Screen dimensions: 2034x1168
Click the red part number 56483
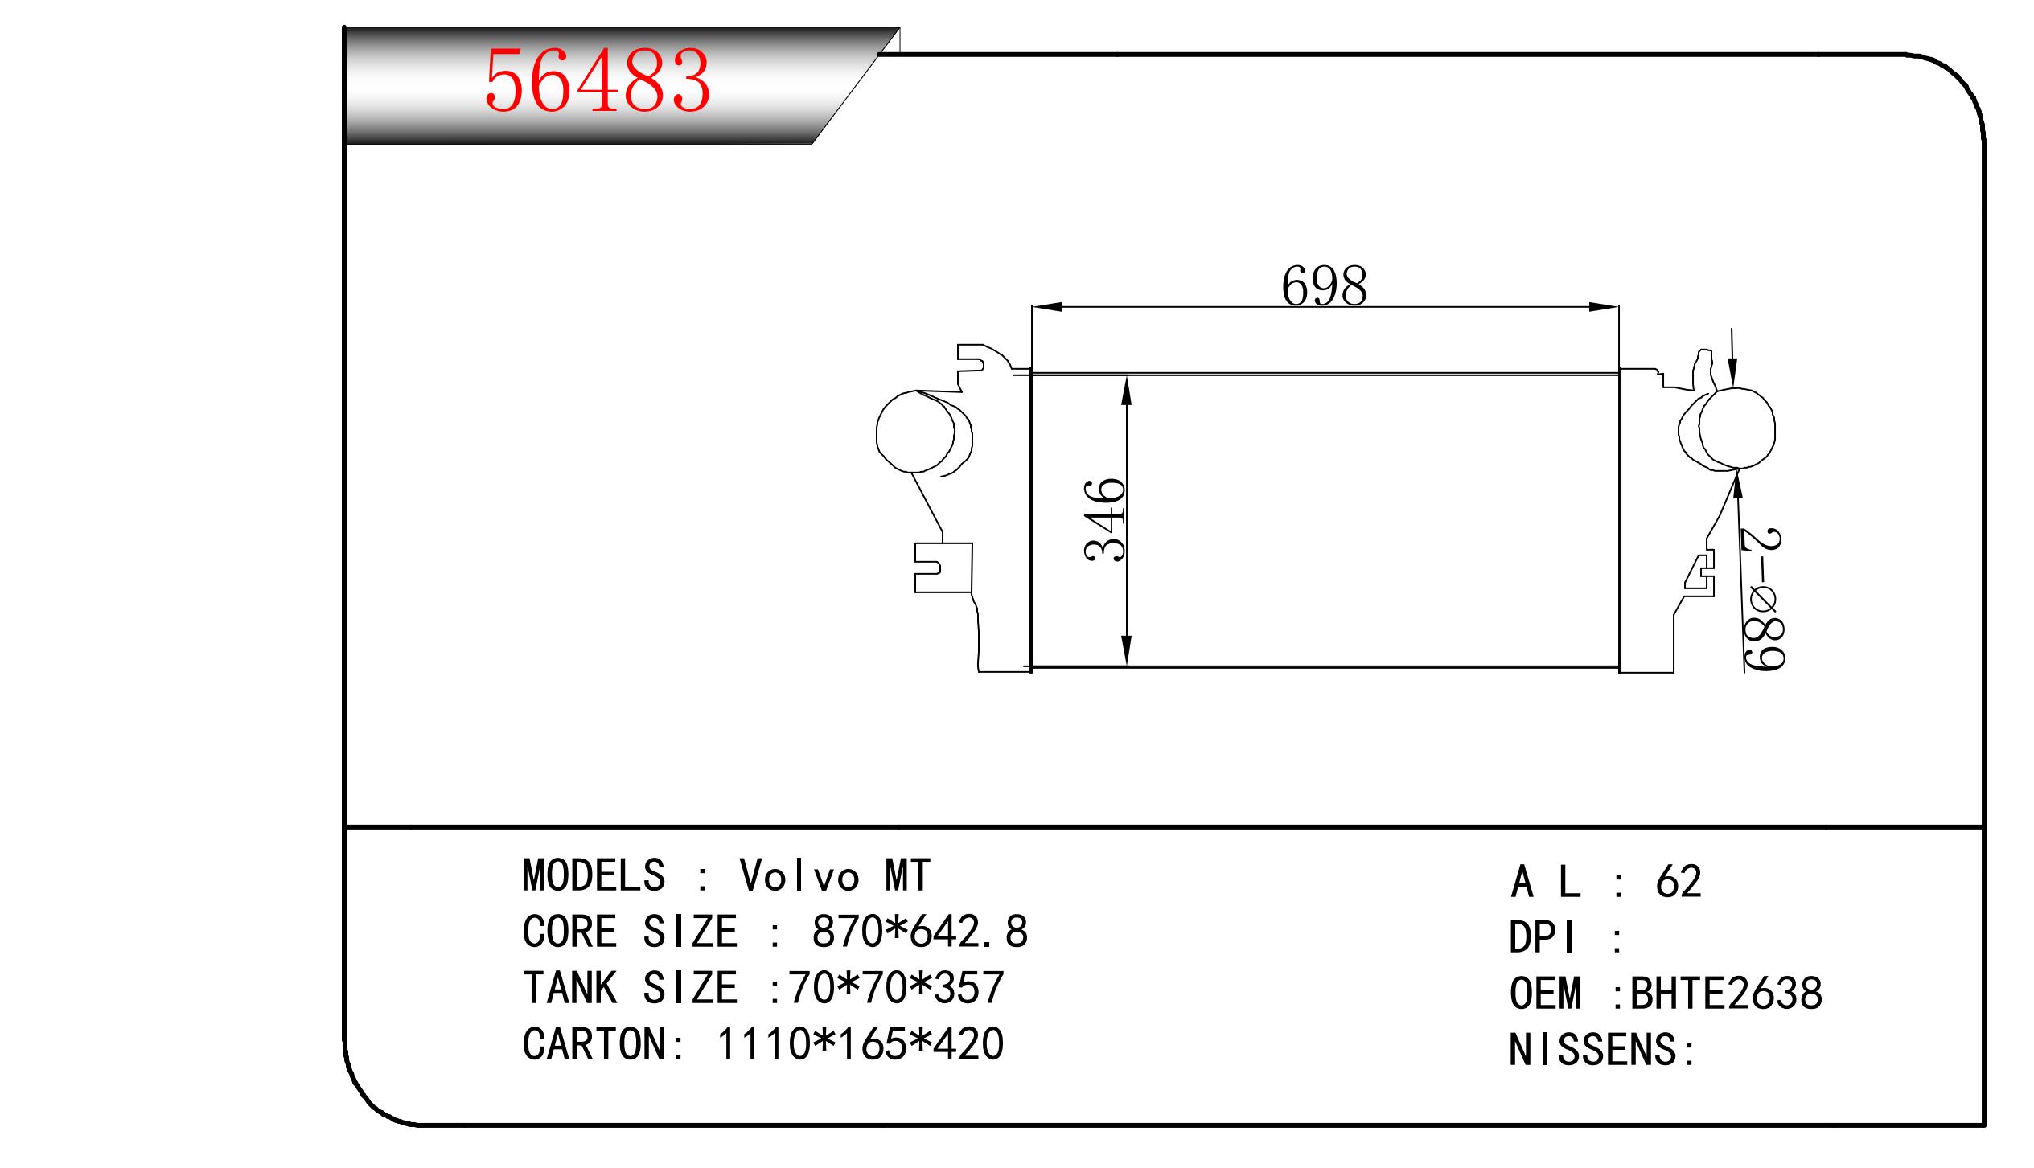[598, 80]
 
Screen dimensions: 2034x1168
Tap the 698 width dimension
[1324, 286]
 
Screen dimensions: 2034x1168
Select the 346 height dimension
[1106, 520]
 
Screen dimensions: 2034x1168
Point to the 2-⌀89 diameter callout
[1761, 599]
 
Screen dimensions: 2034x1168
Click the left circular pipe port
[915, 432]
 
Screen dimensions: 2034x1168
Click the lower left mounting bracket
[943, 568]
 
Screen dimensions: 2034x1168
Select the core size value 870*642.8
[920, 932]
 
